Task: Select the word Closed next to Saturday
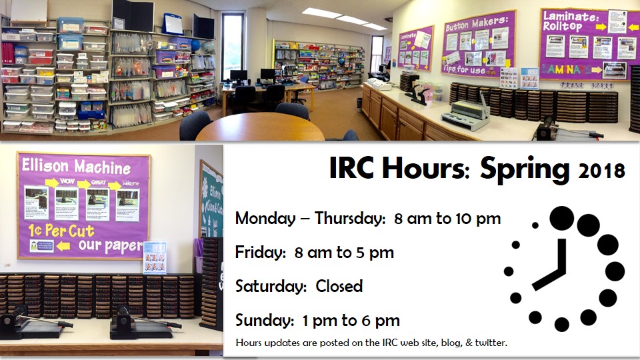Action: (x=339, y=287)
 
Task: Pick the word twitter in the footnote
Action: (x=490, y=343)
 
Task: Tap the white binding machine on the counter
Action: (x=465, y=112)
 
